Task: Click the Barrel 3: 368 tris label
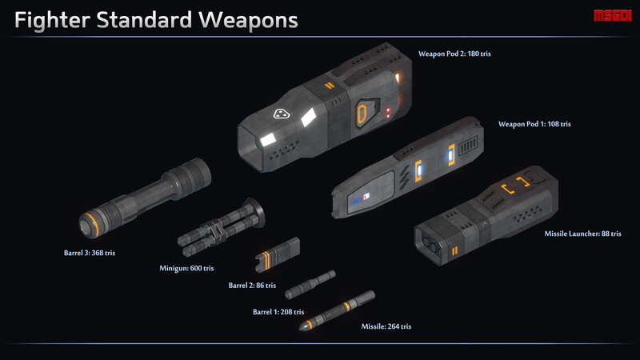(x=89, y=253)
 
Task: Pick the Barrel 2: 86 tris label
(x=252, y=285)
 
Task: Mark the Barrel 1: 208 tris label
(x=278, y=311)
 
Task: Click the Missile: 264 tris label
(x=386, y=326)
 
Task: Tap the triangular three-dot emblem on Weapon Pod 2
(x=281, y=114)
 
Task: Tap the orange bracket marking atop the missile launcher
(x=517, y=190)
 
